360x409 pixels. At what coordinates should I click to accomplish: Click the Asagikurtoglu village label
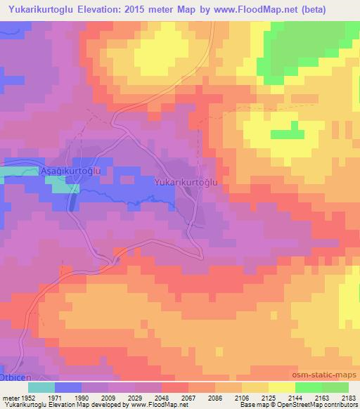pos(73,171)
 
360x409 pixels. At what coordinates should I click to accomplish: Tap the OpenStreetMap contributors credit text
pos(323,405)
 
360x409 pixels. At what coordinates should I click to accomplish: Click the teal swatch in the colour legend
pos(41,387)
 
